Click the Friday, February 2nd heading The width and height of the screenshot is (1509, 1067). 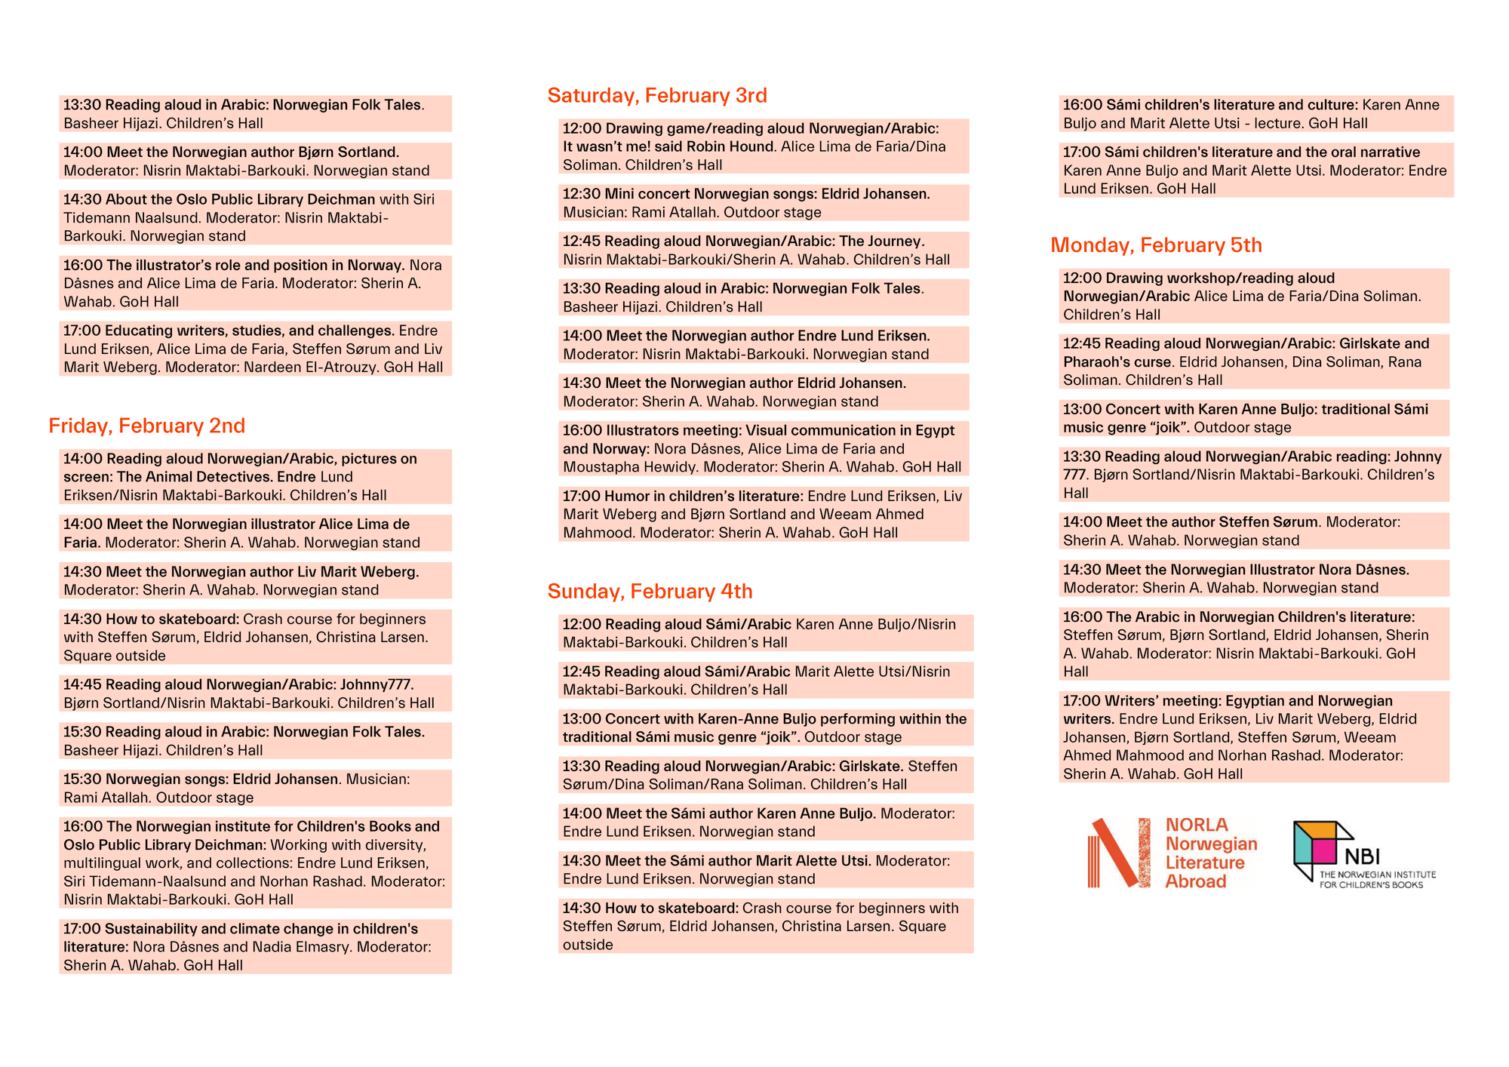pyautogui.click(x=147, y=426)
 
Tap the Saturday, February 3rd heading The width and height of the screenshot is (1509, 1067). pyautogui.click(x=657, y=95)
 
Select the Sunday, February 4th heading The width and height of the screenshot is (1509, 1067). pyautogui.click(x=650, y=591)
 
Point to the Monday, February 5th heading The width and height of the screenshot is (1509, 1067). pyautogui.click(x=1156, y=245)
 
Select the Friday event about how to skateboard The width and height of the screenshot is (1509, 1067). pyautogui.click(x=255, y=637)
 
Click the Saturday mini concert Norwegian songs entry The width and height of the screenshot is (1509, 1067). pyautogui.click(x=764, y=203)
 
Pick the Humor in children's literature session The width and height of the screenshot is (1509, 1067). pyautogui.click(x=764, y=514)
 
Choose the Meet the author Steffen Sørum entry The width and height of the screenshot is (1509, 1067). pyautogui.click(x=1253, y=531)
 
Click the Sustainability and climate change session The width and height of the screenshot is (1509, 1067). pyautogui.click(x=255, y=946)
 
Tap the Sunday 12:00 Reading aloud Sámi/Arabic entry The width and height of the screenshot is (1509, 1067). pyautogui.click(x=765, y=633)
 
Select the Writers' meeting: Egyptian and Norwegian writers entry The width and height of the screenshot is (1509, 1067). pyautogui.click(x=1253, y=736)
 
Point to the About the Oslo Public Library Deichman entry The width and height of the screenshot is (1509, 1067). pyautogui.click(x=255, y=217)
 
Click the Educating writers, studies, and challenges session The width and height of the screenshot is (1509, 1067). pyautogui.click(x=255, y=349)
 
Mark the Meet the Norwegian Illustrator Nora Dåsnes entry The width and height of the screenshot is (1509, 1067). pyautogui.click(x=1253, y=579)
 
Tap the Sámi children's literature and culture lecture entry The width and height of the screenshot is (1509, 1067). pyautogui.click(x=1255, y=114)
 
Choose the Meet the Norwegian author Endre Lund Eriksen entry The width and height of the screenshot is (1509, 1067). pyautogui.click(x=764, y=345)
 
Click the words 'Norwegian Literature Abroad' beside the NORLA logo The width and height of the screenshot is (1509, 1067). pyautogui.click(x=1211, y=863)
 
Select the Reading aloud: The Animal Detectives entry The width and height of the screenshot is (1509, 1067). pyautogui.click(x=255, y=477)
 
